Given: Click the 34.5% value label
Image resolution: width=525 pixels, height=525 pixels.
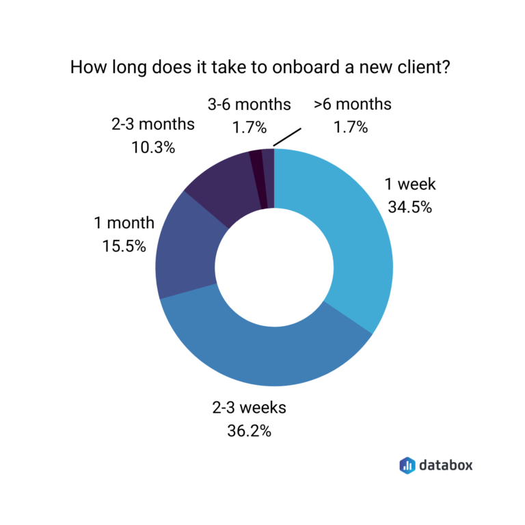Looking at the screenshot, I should click(409, 207).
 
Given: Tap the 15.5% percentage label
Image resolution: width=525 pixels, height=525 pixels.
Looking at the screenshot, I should click(124, 245).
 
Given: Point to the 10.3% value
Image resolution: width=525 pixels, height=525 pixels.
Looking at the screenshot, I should click(152, 147).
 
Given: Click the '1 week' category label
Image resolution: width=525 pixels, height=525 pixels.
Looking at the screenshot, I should click(409, 185).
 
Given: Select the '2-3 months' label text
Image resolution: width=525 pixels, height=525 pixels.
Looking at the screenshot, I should click(152, 125).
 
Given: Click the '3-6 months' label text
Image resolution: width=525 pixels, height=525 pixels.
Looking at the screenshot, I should click(249, 105).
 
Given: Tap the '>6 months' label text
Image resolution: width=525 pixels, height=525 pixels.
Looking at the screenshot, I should click(352, 105).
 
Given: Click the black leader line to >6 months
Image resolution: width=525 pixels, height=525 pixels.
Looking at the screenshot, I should click(286, 135).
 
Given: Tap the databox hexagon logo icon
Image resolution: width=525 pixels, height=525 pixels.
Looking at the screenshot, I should click(407, 466).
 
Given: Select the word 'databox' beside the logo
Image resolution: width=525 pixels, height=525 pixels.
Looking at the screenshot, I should click(445, 466).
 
